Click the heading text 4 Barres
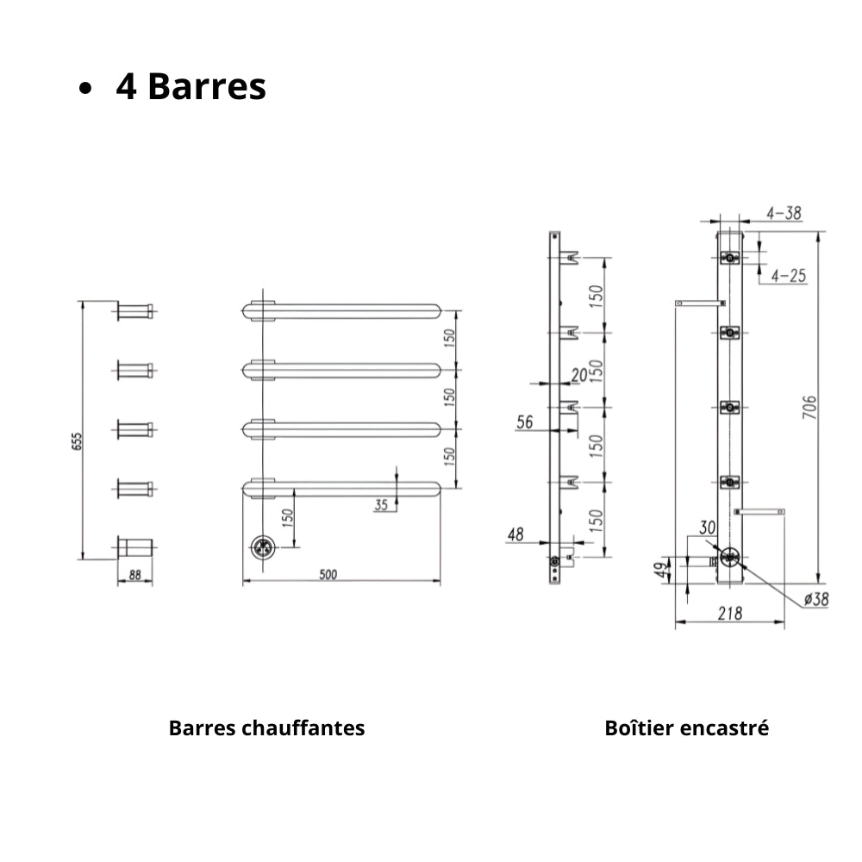tap(191, 86)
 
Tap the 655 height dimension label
tap(77, 441)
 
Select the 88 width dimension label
tap(134, 574)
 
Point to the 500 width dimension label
tap(328, 574)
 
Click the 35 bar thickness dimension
tap(381, 504)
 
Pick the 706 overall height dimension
tap(809, 408)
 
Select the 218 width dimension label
tap(729, 613)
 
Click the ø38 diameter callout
tap(815, 599)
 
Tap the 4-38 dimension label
tap(784, 213)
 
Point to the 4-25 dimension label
tap(789, 276)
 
